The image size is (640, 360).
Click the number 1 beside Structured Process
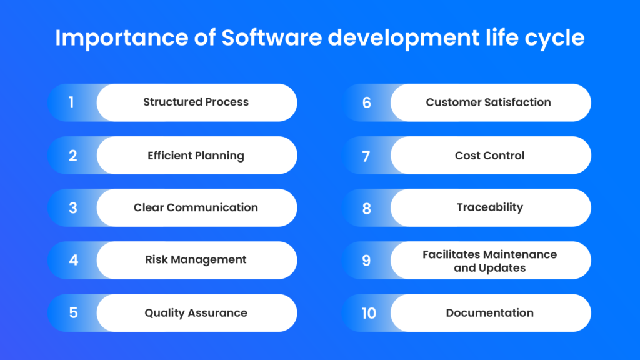coord(71,102)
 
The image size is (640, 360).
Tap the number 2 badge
coord(72,156)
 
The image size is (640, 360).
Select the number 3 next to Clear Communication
coord(72,208)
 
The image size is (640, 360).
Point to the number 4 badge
coord(73,260)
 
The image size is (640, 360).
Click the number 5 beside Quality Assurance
coord(73,312)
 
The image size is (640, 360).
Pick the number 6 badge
coord(367,102)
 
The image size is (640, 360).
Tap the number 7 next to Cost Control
coord(367,156)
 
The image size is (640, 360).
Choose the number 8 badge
coord(367,208)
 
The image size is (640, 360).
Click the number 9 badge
coord(367,260)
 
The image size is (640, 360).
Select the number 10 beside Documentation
coord(369,312)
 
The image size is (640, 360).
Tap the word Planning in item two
coord(218,156)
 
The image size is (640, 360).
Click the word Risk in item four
coord(157,259)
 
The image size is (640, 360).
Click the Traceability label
coord(489,207)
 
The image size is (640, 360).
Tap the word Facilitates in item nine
coord(451,254)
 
